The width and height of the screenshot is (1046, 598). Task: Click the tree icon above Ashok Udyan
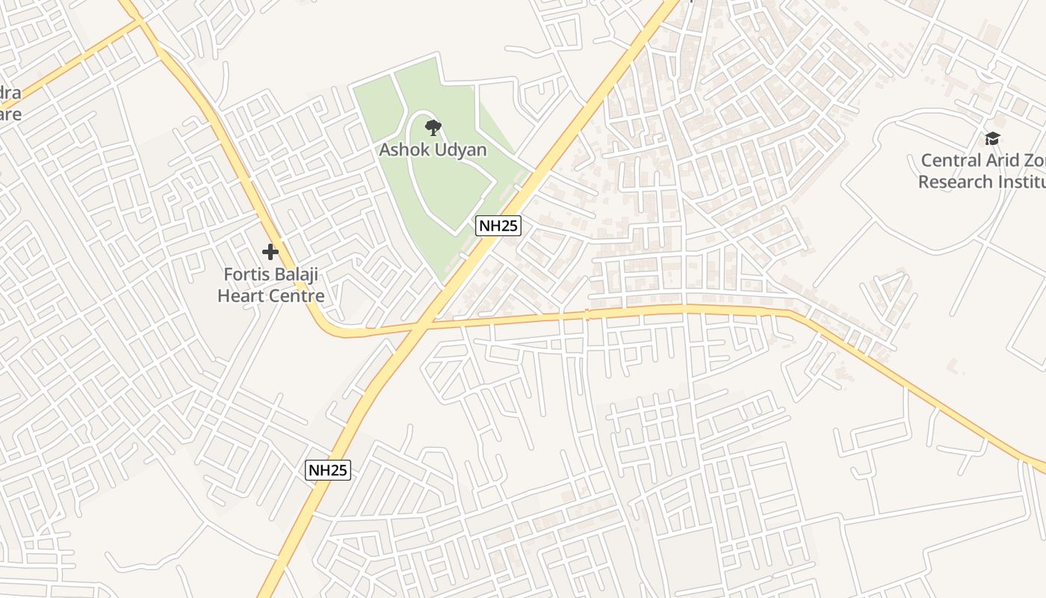pos(432,127)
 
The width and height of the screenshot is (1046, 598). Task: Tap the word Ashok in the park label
pos(404,149)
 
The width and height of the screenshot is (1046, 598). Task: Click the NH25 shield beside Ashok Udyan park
pos(498,226)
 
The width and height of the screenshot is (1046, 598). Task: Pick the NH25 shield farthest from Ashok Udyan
pos(328,470)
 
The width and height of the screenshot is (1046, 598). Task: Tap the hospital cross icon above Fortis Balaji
pos(270,252)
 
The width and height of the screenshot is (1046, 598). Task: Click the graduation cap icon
pos(992,138)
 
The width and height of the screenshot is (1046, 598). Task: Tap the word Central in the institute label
pos(950,160)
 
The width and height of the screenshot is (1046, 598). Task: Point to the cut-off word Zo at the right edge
pos(1035,160)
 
